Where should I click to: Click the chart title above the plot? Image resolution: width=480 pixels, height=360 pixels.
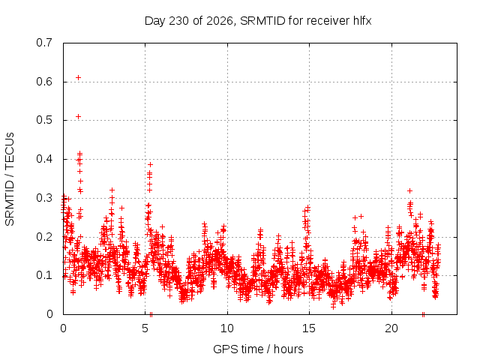[x=258, y=21]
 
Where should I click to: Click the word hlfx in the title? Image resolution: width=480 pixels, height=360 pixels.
[x=362, y=20]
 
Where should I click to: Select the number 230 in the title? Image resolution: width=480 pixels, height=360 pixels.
[x=179, y=21]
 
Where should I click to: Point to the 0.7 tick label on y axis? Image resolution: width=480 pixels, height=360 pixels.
[x=44, y=43]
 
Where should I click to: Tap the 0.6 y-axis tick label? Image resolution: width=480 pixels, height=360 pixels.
[x=44, y=82]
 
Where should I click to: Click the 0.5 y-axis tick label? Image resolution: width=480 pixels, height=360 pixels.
[x=44, y=120]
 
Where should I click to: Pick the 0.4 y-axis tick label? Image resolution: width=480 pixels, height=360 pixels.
[x=44, y=159]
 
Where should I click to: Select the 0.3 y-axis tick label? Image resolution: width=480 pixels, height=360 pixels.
[x=44, y=198]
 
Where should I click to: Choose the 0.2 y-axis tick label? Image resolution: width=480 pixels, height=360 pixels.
[x=44, y=237]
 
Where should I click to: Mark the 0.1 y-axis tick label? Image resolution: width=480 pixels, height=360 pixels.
[x=44, y=275]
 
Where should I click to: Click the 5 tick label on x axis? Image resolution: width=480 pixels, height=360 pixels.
[x=145, y=328]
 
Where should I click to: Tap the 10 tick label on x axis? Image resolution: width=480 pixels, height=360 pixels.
[x=227, y=328]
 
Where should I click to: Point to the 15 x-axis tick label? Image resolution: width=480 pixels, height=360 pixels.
[x=309, y=328]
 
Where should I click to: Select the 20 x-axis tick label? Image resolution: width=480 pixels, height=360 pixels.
[x=391, y=328]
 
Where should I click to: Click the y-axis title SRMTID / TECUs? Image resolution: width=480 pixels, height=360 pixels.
[x=10, y=179]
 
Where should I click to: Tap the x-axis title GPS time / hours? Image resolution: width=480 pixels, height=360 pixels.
[x=258, y=349]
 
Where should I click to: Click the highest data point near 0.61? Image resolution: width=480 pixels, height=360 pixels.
[x=78, y=78]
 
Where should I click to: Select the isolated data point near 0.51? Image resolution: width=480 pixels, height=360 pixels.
[x=78, y=117]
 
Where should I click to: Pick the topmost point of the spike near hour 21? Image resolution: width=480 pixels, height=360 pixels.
[x=410, y=191]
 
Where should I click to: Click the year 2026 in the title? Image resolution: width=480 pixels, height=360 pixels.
[x=219, y=21]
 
